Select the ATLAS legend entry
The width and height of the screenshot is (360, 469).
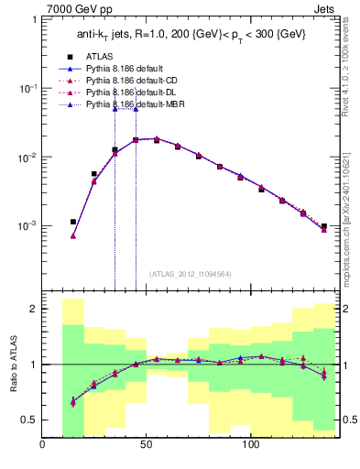[x=112, y=56]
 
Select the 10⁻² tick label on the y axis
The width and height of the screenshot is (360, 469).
[x=28, y=158]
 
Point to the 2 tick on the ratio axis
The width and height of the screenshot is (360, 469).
[x=33, y=310]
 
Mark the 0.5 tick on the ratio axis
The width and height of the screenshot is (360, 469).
[x=29, y=420]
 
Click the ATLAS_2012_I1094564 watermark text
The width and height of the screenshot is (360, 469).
[x=191, y=274]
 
